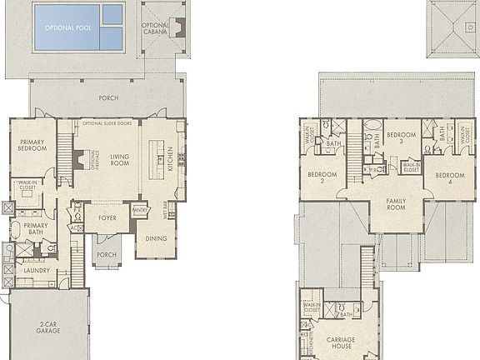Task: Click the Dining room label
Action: click(x=156, y=238)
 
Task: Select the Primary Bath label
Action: click(x=35, y=229)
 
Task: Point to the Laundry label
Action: click(x=37, y=270)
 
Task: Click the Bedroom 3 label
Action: click(x=401, y=137)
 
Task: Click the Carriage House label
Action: click(x=341, y=342)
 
